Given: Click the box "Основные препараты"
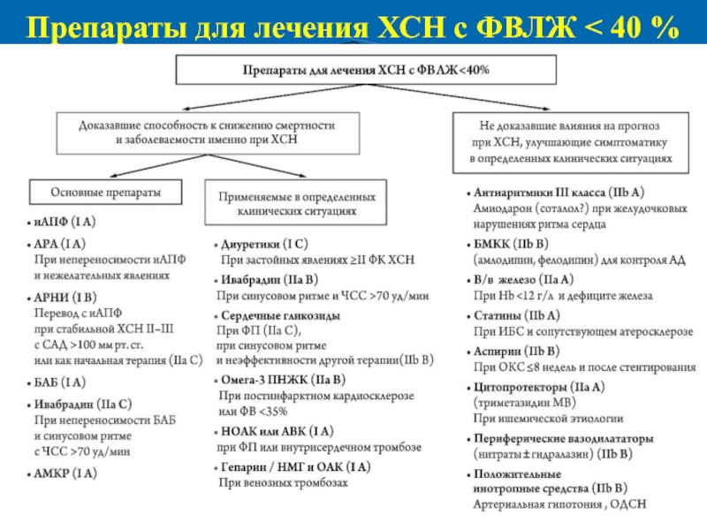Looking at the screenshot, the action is tap(103, 191).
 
